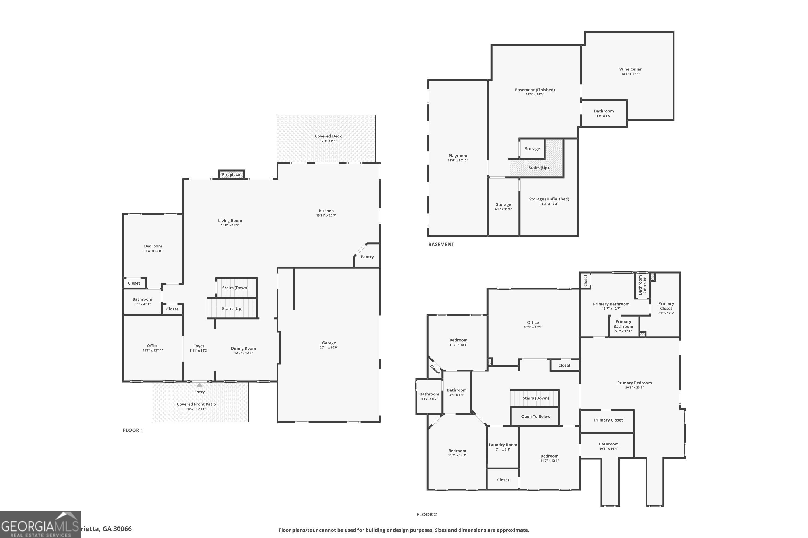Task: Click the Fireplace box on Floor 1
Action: pyautogui.click(x=231, y=175)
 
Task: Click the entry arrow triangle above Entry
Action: pyautogui.click(x=199, y=385)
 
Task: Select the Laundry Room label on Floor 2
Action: pyautogui.click(x=503, y=445)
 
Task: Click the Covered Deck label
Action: pyautogui.click(x=328, y=136)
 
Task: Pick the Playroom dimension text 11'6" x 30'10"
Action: pyautogui.click(x=457, y=160)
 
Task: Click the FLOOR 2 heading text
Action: pyautogui.click(x=426, y=514)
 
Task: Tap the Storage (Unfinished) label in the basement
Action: pyautogui.click(x=549, y=199)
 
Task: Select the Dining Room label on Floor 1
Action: pyautogui.click(x=243, y=348)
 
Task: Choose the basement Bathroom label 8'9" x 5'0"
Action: pyautogui.click(x=604, y=111)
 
